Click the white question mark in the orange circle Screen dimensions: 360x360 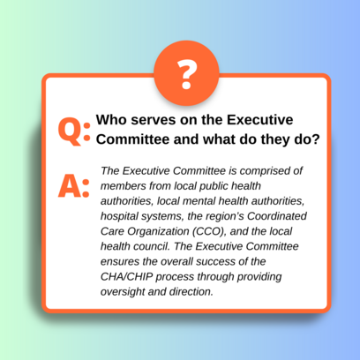187,74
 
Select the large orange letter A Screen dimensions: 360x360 69,186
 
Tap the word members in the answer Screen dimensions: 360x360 124,186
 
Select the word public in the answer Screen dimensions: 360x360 214,186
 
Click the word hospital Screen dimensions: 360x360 119,216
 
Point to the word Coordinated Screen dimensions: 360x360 277,216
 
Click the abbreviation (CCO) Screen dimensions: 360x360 209,231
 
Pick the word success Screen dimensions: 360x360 215,262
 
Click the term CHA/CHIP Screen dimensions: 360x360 127,277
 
